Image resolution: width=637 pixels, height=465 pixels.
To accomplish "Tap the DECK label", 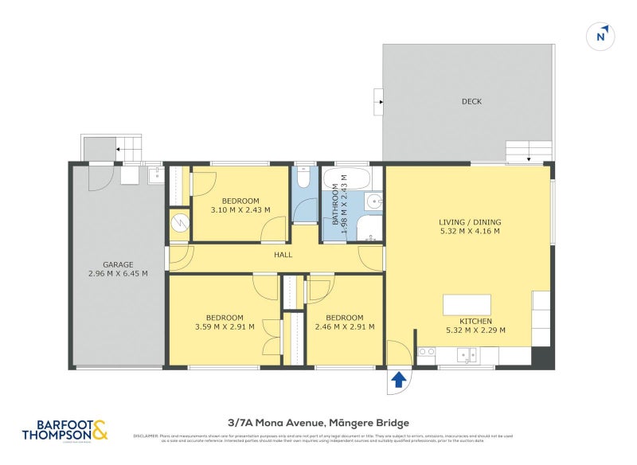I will (x=471, y=101).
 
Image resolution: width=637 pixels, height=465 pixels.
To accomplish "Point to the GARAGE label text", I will (x=117, y=264).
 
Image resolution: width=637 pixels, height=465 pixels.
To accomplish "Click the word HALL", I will (x=283, y=255).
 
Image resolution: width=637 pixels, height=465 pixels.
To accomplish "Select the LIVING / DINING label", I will (x=469, y=222).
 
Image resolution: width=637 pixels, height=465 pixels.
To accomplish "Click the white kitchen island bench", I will (x=467, y=304).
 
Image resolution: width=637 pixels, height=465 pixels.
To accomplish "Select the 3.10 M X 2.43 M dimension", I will (x=240, y=210).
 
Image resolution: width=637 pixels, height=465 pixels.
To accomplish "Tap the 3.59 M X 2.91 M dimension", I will (x=225, y=326).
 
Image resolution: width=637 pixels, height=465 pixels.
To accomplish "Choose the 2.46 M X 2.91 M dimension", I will (x=344, y=326).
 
